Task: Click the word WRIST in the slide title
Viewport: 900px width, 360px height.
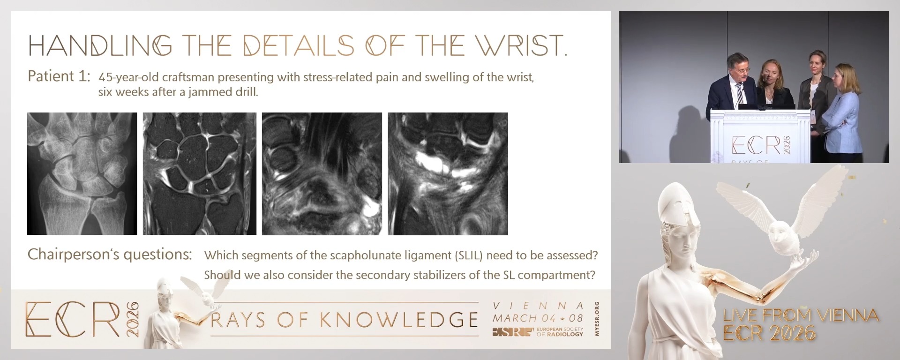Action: click(520, 45)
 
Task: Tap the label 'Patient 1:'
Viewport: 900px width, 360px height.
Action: click(59, 76)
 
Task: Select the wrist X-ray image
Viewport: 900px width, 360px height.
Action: click(82, 173)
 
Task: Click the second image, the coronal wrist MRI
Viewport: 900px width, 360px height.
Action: click(199, 173)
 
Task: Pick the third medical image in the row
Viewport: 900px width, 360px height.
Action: click(322, 173)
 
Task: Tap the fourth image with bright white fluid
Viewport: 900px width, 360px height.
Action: click(448, 173)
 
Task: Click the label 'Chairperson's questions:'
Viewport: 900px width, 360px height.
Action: click(110, 255)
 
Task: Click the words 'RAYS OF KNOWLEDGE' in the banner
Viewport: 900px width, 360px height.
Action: click(345, 320)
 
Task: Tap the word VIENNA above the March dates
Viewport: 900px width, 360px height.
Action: click(538, 306)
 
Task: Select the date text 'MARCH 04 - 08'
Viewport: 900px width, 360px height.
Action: click(538, 318)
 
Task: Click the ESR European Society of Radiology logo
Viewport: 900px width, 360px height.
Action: click(538, 332)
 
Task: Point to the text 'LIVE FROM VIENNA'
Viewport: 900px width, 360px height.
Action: click(800, 315)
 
